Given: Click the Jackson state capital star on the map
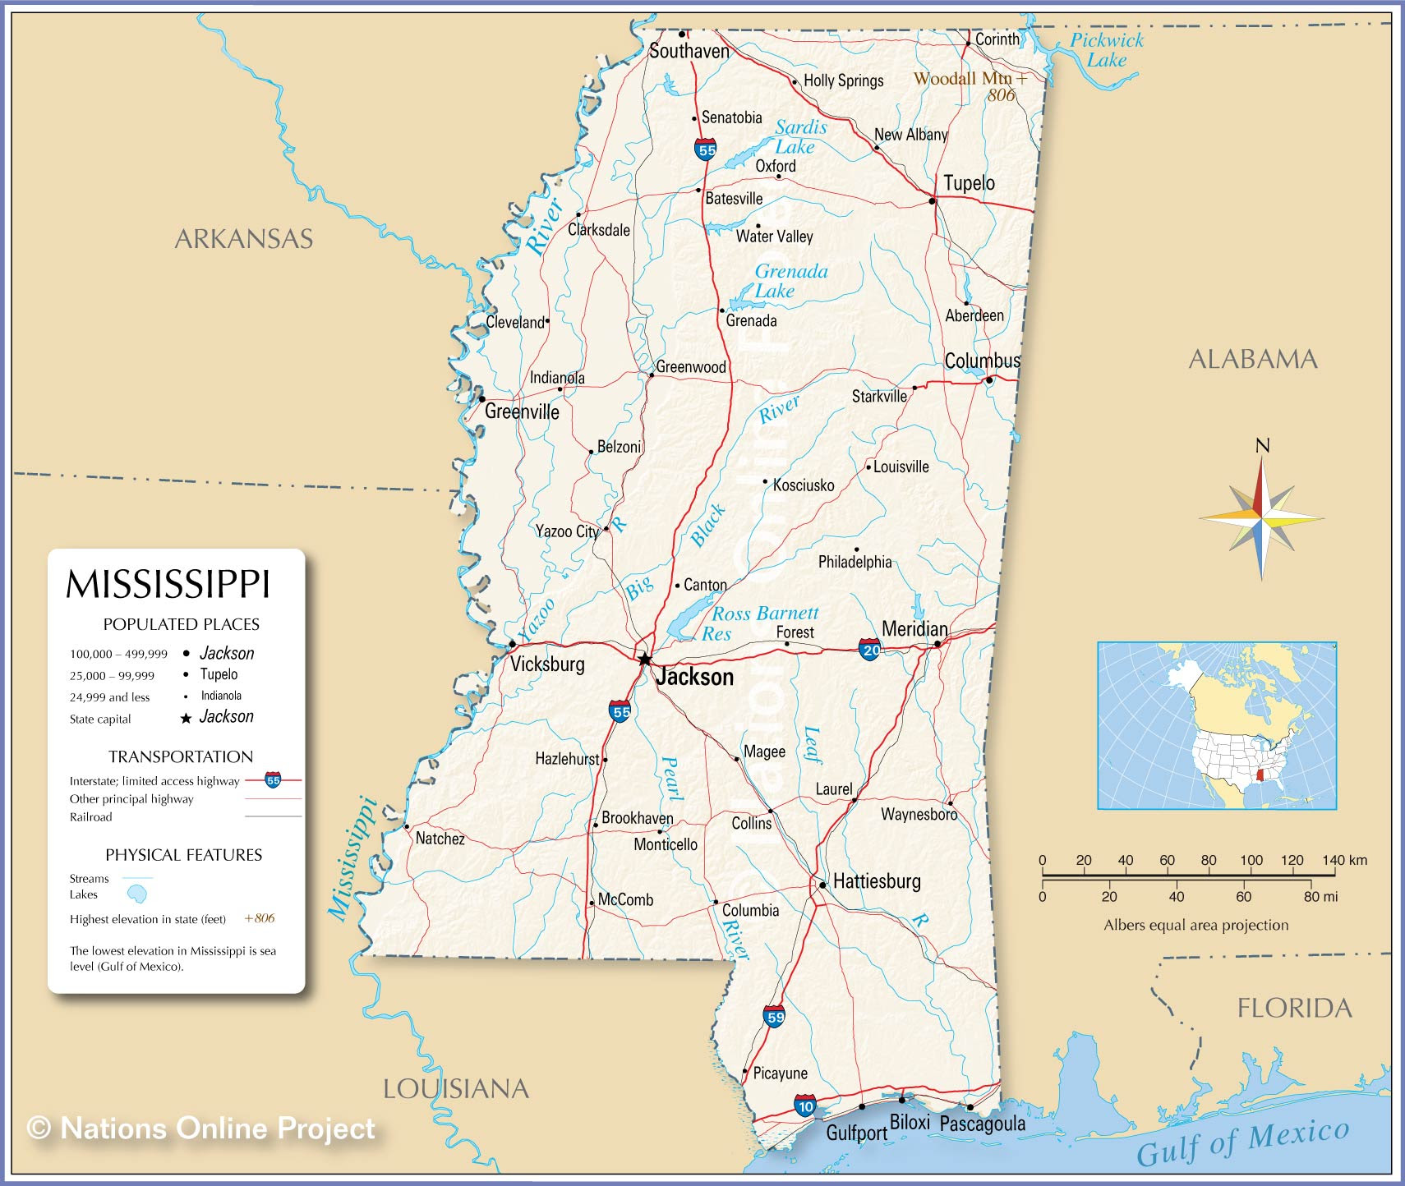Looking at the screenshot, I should click(645, 659).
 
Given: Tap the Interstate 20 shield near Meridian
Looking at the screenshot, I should click(870, 650).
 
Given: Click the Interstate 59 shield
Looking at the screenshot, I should click(774, 1016).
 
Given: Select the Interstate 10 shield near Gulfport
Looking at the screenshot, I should click(805, 1106).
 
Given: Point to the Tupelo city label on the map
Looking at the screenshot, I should click(969, 183).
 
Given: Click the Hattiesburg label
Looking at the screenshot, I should click(877, 881).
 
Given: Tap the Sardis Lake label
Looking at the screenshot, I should click(799, 137).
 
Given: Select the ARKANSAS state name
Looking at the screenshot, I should click(244, 239).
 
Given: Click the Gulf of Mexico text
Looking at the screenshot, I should click(1242, 1142).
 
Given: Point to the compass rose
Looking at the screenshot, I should click(1261, 518).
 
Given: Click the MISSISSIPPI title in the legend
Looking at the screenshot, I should click(168, 585).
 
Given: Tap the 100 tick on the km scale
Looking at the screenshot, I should click(1251, 861).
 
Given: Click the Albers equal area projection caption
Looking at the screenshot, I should click(1195, 926).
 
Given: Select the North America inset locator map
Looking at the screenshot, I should click(1217, 726).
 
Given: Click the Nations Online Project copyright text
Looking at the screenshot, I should click(201, 1129).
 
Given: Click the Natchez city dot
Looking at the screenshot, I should click(406, 827).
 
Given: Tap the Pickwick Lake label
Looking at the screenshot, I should click(1106, 49).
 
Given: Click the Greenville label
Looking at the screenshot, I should click(522, 411).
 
